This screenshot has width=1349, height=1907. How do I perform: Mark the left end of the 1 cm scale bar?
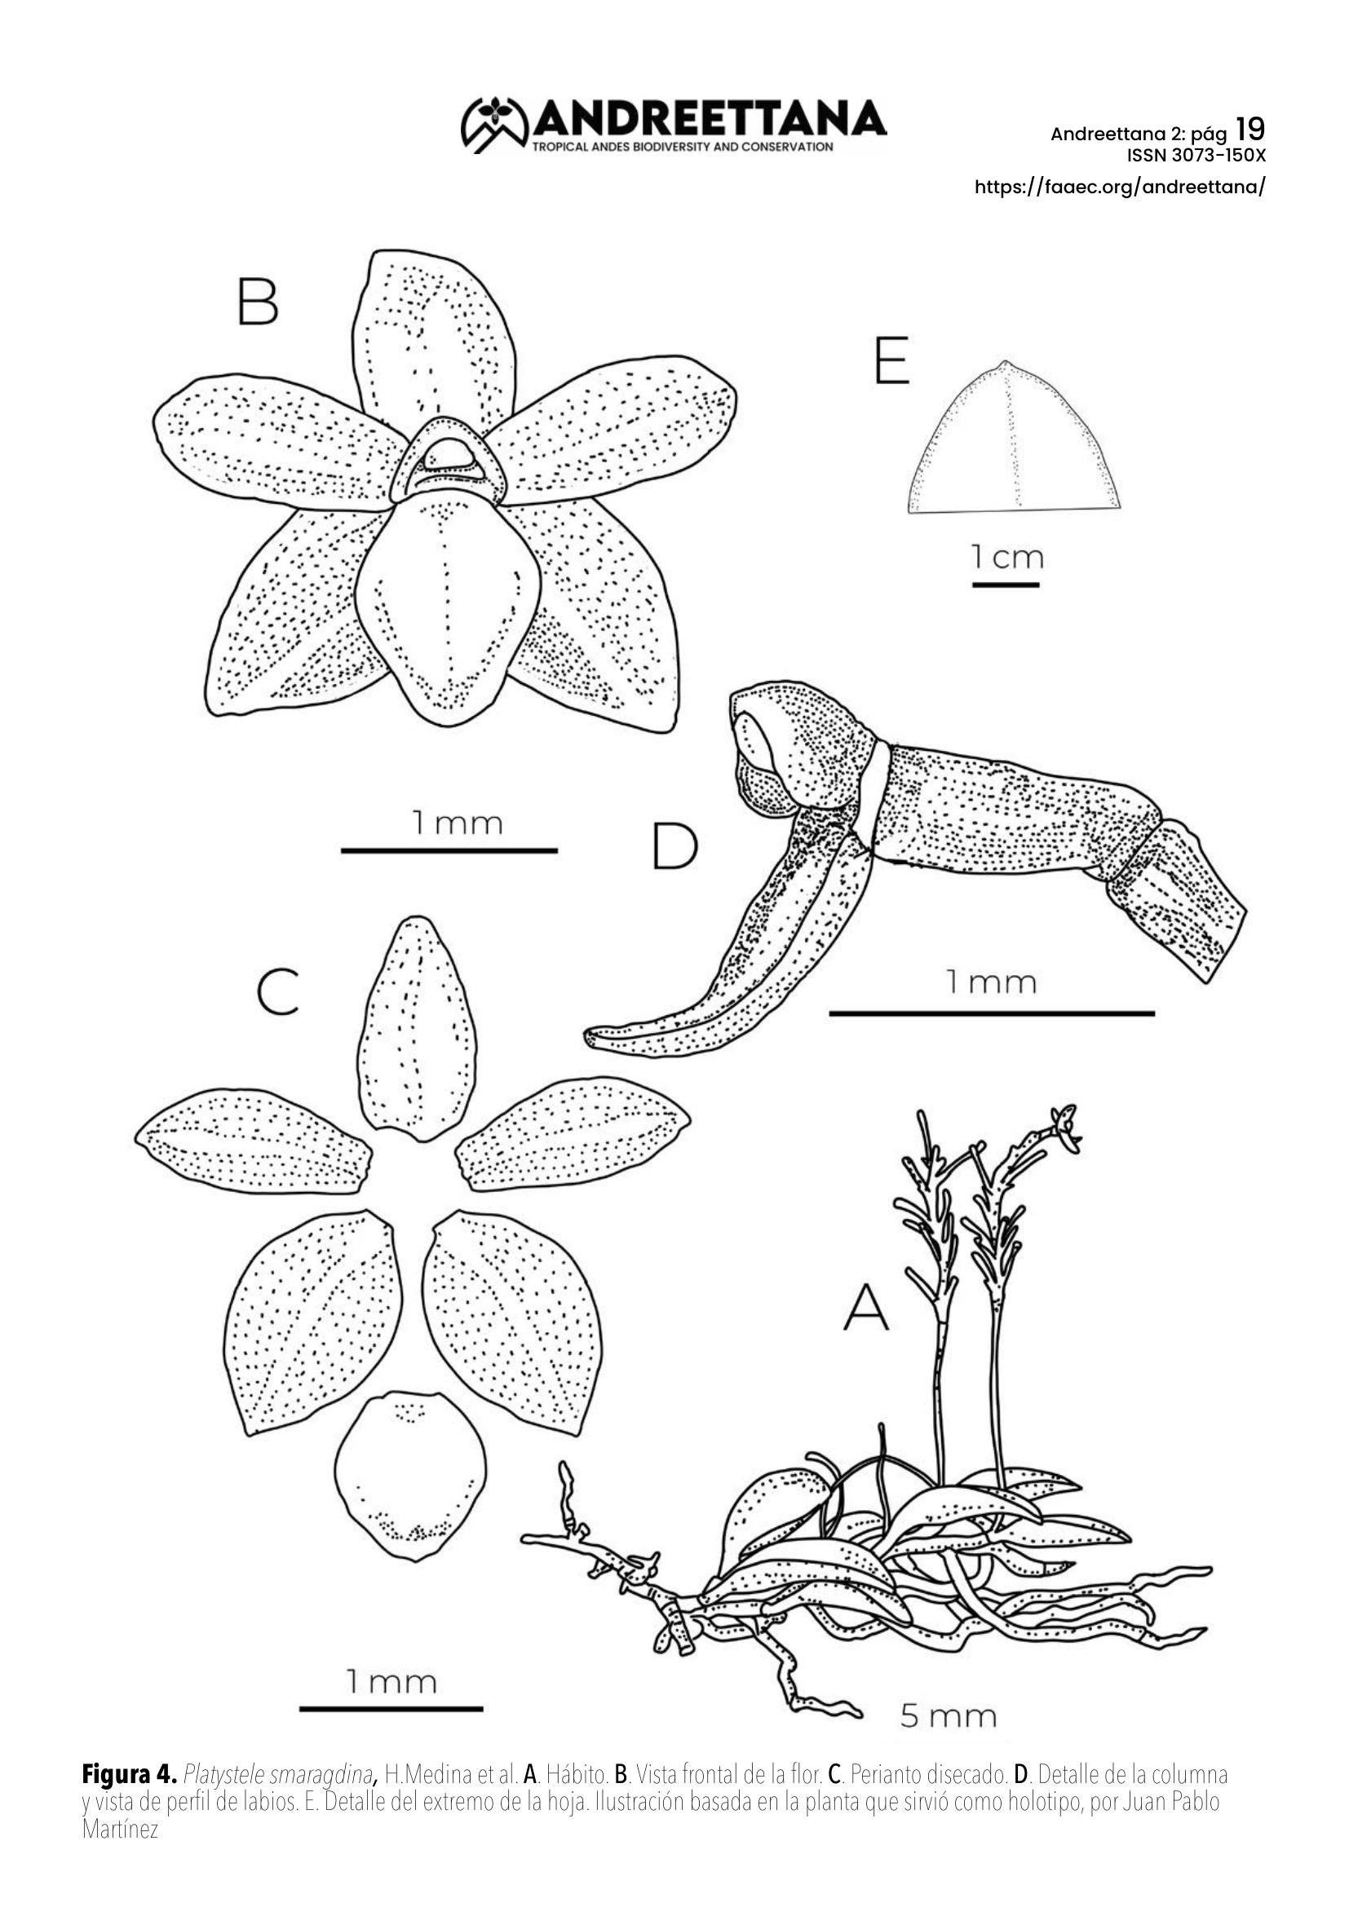coord(974,585)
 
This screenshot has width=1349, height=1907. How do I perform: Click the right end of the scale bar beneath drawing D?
coord(1155,1013)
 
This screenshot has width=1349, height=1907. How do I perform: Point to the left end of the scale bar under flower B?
coord(343,850)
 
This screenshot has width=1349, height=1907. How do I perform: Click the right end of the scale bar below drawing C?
coord(483,1709)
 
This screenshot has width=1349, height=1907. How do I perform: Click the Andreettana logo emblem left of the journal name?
coord(494,125)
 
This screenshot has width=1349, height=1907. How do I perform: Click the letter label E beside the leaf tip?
coord(891,360)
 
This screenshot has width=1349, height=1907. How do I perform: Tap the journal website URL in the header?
coord(1120,187)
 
